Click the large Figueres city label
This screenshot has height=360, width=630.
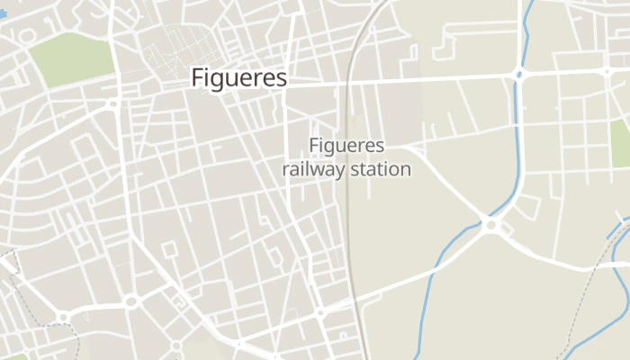click(x=238, y=78)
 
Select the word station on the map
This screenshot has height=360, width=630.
click(x=379, y=168)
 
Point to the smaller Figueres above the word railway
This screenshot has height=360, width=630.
click(x=346, y=145)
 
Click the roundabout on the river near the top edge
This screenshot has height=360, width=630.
click(x=519, y=74)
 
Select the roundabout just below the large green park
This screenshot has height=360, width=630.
click(x=112, y=104)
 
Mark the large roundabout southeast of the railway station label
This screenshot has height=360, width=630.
click(x=490, y=224)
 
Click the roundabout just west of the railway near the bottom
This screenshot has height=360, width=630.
click(x=319, y=313)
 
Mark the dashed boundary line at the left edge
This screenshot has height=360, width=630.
click(x=9, y=261)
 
